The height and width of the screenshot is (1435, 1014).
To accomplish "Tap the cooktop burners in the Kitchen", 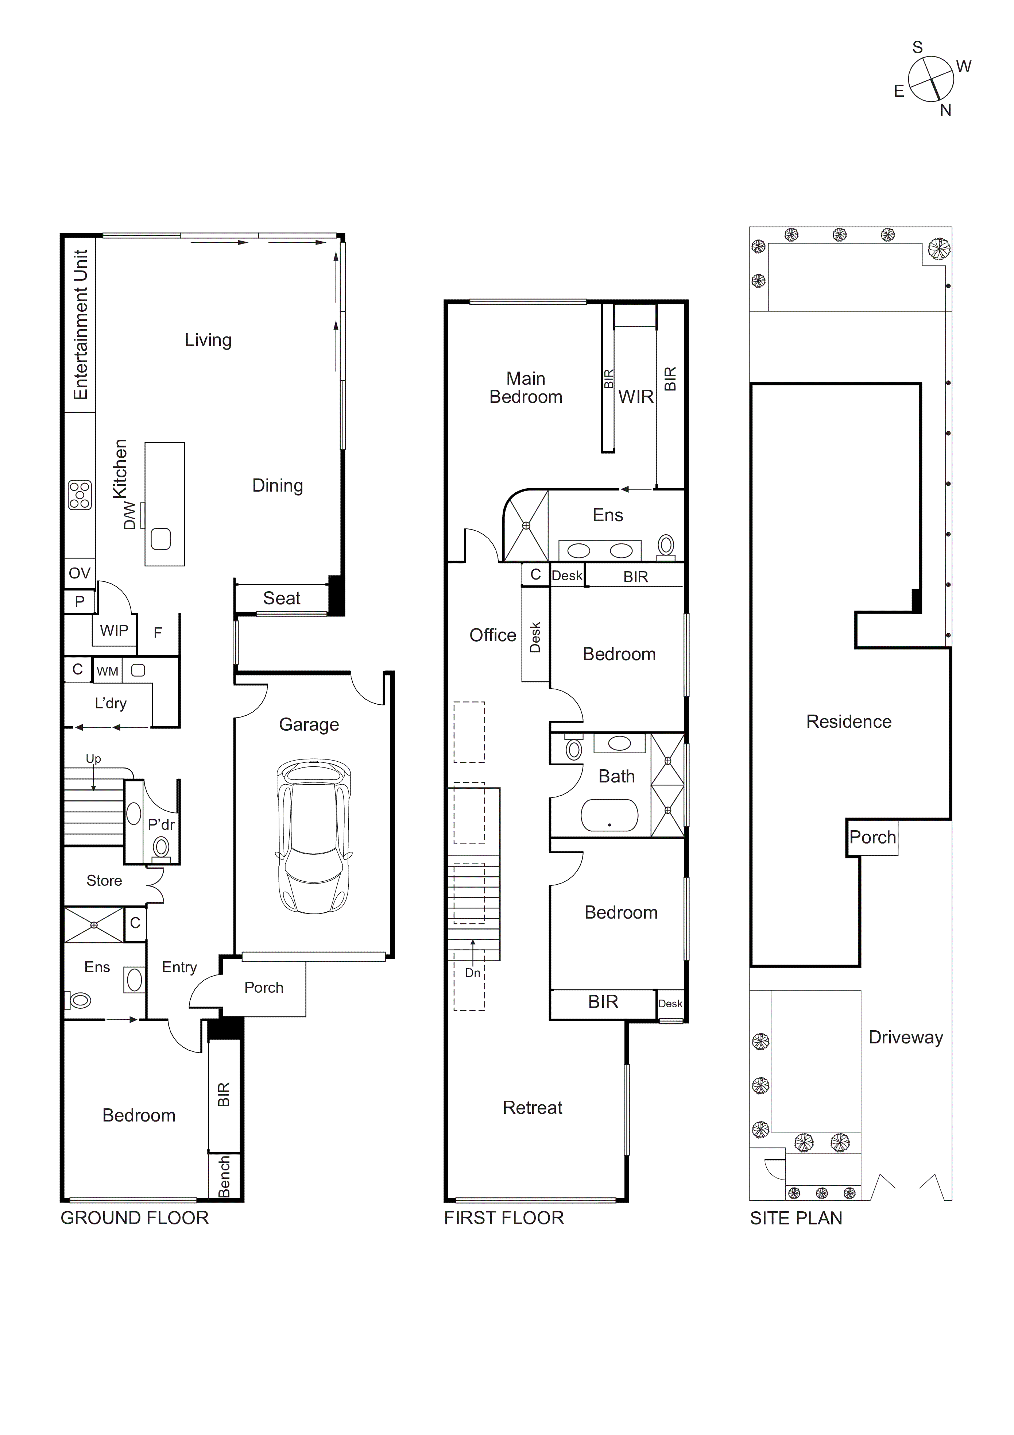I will tap(80, 495).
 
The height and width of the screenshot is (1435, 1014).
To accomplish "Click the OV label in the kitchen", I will tap(80, 573).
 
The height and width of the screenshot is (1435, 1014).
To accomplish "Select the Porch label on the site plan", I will tap(872, 838).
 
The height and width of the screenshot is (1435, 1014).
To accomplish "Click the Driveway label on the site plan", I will tap(905, 1038).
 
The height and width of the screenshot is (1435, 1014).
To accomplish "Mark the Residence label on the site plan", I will tap(848, 722).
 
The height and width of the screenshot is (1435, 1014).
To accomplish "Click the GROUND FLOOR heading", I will tap(134, 1218).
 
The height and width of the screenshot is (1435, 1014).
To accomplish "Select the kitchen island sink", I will tap(160, 539).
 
